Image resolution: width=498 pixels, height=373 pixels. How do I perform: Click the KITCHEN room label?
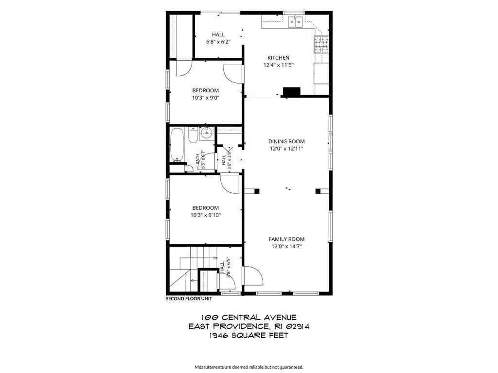point(278,58)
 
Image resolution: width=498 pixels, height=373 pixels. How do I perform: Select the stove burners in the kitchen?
point(321,43)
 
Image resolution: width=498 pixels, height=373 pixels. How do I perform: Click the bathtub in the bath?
point(177,145)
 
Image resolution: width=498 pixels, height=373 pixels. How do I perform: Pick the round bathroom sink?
point(206,133)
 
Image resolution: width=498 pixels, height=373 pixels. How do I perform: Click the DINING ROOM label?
point(286,141)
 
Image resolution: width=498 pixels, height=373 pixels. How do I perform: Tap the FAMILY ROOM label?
point(286,239)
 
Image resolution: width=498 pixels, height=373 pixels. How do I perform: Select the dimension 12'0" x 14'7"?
point(286,246)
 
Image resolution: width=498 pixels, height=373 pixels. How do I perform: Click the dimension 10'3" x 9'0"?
point(206,98)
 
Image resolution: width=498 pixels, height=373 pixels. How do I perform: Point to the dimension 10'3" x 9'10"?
point(206,215)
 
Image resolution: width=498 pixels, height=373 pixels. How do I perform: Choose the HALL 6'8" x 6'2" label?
point(218,38)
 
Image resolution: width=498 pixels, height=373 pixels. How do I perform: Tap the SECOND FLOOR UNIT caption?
point(189,299)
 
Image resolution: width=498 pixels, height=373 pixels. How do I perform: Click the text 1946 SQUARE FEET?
point(249,335)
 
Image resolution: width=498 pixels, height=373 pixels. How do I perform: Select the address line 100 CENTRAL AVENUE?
point(249,317)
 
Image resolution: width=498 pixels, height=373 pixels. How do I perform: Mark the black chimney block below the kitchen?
point(292,91)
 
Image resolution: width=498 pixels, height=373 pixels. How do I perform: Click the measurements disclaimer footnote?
point(249,367)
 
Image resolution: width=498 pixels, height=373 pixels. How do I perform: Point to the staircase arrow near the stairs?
point(193,280)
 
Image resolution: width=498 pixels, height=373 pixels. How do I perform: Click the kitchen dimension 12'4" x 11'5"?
point(278,65)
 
